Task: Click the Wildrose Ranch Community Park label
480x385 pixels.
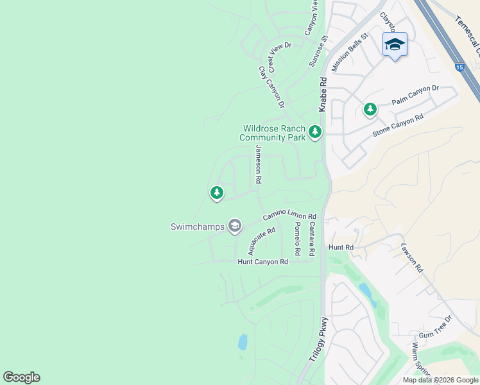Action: pyautogui.click(x=273, y=133)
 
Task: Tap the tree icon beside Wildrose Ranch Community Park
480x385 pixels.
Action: pyautogui.click(x=314, y=132)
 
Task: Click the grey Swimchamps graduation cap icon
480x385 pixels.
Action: pyautogui.click(x=235, y=225)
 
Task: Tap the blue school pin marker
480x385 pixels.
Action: pyautogui.click(x=395, y=44)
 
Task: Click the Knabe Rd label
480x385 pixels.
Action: pyautogui.click(x=323, y=94)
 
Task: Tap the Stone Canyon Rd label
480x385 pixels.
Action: pyautogui.click(x=398, y=126)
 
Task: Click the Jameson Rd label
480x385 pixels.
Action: pyautogui.click(x=258, y=164)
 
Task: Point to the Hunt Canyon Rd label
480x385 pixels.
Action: pyautogui.click(x=262, y=262)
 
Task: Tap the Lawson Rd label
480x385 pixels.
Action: pyautogui.click(x=412, y=257)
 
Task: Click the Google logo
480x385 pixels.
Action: pyautogui.click(x=21, y=377)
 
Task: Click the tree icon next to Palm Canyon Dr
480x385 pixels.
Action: pyautogui.click(x=370, y=110)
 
